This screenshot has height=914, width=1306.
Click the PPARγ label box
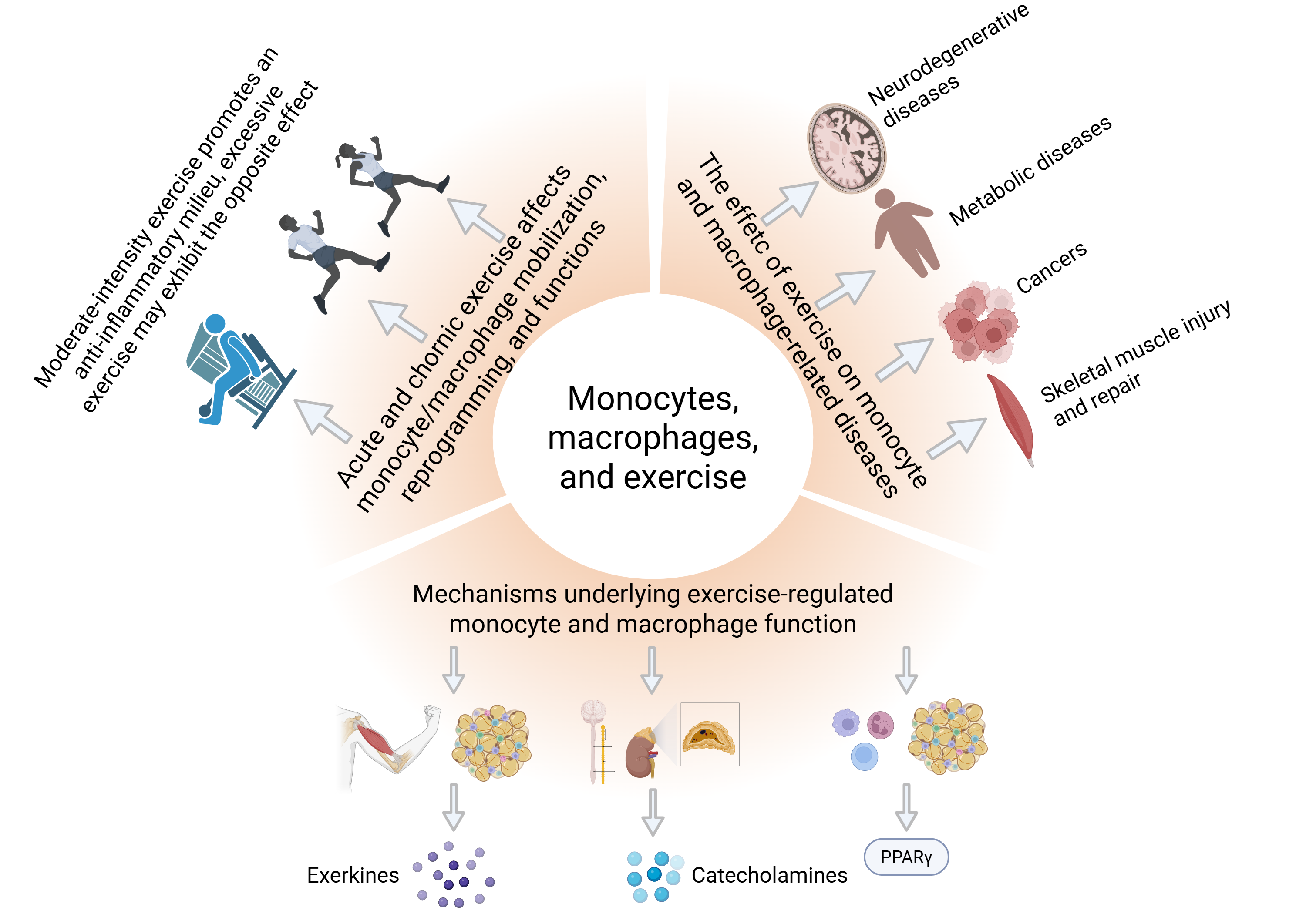(905, 857)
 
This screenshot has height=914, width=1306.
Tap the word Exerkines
(353, 875)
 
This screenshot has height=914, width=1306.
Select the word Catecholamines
(769, 875)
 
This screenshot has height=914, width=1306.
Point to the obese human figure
(905, 233)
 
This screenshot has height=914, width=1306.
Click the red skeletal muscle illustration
(1011, 418)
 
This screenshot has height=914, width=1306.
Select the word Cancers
(1051, 267)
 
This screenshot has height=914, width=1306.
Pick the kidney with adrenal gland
(641, 753)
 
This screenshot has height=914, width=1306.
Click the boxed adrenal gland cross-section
(709, 734)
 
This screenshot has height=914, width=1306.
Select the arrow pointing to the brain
(791, 202)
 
